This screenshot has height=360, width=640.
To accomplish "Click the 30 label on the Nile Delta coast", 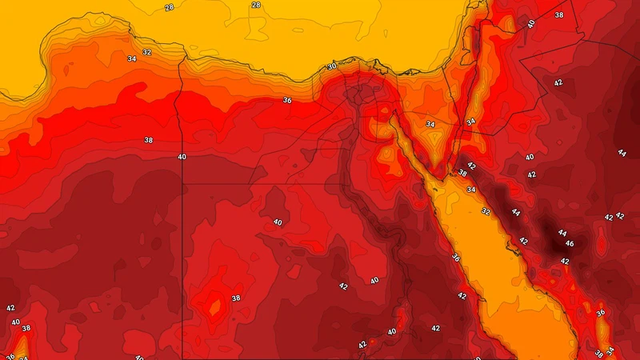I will pos(332,66).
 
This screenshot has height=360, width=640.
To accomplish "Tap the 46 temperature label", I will pos(570,243).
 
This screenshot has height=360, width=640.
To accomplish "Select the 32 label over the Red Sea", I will pos(486,211).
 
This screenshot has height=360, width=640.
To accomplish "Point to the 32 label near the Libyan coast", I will pos(146,53).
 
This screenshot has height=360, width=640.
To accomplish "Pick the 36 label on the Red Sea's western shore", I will pos(455,258).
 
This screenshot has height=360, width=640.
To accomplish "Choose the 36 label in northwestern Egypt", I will pos(286,100).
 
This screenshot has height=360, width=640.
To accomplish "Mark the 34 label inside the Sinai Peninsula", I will pos(430,124).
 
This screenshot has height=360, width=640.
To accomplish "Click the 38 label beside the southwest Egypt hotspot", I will pos(235,298).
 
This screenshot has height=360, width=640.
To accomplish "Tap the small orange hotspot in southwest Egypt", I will pos(214,306).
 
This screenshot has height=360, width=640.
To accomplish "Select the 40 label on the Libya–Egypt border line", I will pos(182,157).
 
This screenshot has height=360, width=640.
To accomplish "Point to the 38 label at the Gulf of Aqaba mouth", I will pos(462,173).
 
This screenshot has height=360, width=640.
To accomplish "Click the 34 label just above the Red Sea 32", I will pos(471,190).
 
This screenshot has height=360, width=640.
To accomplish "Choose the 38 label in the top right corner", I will pos(559,15).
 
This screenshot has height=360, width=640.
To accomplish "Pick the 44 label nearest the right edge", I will pos(622,153).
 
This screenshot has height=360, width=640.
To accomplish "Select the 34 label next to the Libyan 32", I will pos(131,58).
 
